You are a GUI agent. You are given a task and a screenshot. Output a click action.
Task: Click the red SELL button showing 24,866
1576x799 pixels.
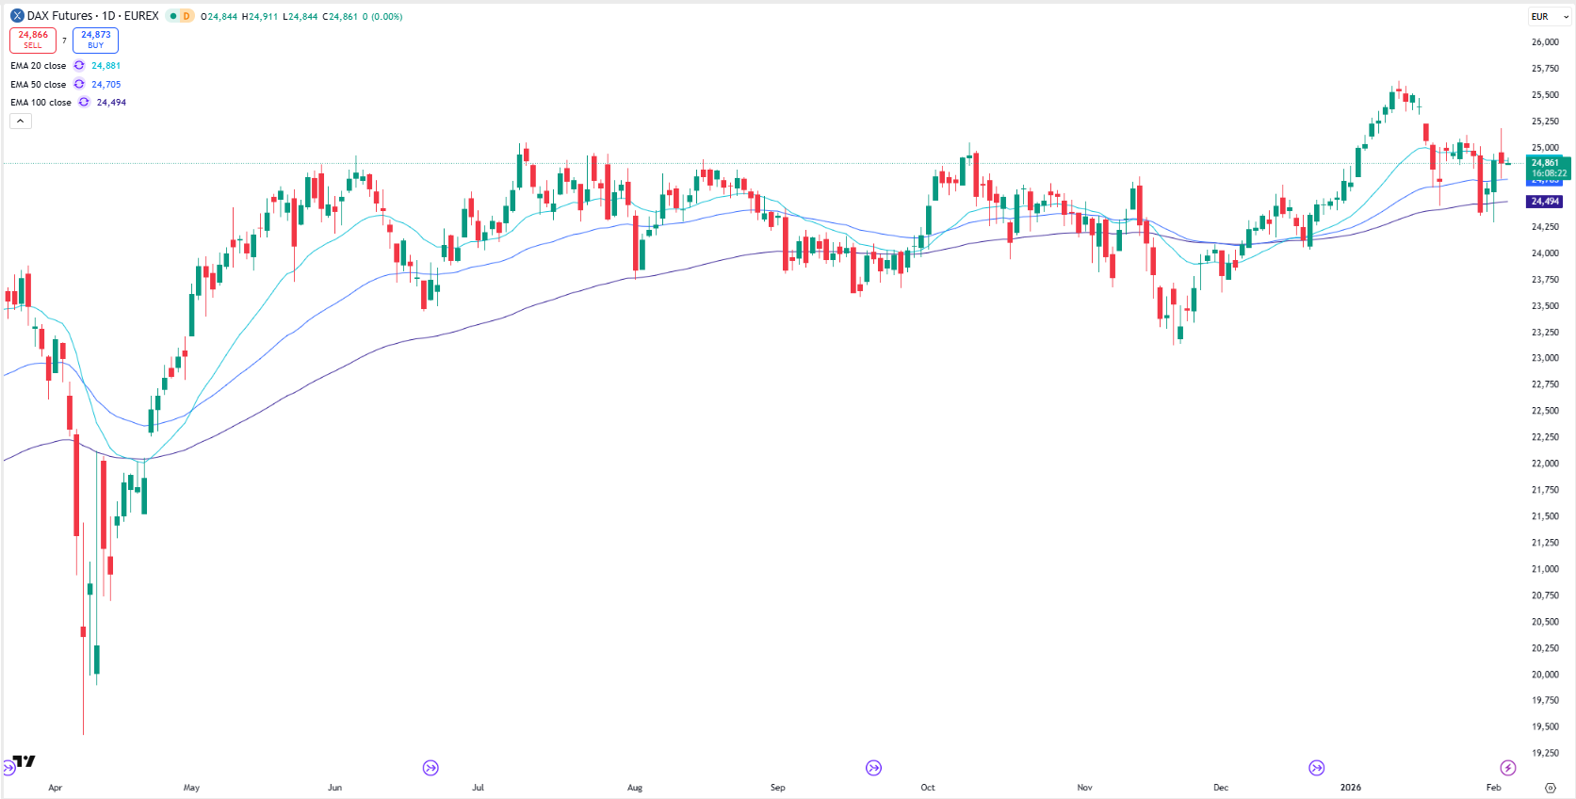(x=33, y=40)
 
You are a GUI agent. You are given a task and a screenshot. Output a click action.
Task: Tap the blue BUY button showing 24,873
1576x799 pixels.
(x=95, y=40)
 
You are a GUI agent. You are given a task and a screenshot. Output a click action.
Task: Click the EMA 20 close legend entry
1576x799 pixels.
(x=39, y=66)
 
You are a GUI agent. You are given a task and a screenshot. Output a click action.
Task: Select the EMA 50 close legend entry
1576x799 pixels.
(x=39, y=85)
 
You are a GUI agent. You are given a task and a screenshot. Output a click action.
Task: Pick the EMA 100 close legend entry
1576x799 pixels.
(x=41, y=103)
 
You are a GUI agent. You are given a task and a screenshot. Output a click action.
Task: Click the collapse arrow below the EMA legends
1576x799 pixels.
(x=21, y=121)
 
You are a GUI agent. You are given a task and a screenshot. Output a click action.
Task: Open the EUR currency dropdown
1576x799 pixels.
(x=1549, y=17)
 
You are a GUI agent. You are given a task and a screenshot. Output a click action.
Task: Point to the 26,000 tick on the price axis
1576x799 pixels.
(x=1545, y=42)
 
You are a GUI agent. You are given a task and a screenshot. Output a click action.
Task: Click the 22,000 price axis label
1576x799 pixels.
(x=1545, y=464)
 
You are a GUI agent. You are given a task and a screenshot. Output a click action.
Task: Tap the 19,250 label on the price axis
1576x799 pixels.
(x=1545, y=753)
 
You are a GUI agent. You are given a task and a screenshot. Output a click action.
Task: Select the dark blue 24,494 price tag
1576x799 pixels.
(x=1545, y=202)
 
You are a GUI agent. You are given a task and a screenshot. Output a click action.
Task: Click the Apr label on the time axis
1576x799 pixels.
(x=55, y=788)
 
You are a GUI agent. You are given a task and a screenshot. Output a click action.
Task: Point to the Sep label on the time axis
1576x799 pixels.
(x=777, y=788)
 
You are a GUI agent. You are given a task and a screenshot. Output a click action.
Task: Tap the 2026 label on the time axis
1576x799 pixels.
(x=1351, y=788)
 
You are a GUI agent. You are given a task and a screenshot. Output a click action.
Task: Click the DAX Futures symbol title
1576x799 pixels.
(x=92, y=16)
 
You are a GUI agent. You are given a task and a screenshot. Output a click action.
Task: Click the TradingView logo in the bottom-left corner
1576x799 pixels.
(x=24, y=761)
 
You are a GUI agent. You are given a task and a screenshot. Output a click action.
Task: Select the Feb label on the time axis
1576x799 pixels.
(x=1493, y=788)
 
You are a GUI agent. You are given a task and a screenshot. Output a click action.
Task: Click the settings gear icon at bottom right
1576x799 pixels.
(x=1551, y=788)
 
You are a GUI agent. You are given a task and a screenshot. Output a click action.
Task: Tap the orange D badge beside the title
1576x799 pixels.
(x=187, y=16)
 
